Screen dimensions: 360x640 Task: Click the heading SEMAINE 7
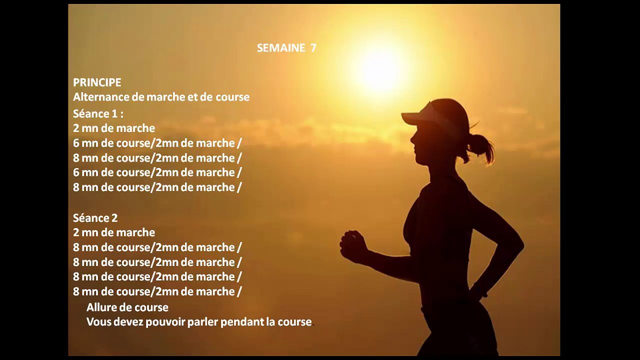coord(286,48)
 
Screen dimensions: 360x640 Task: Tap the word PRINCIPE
coord(97,82)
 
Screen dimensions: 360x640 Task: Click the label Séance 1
coord(98,113)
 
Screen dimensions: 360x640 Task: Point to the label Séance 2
coord(95,218)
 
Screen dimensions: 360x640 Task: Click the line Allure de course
coord(127,307)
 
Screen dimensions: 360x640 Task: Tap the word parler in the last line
coord(202,322)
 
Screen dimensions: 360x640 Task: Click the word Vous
coord(98,322)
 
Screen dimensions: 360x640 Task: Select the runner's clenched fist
coord(352,246)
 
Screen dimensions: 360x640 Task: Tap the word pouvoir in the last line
coord(165,322)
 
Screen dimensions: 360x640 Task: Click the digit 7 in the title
coord(313,48)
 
